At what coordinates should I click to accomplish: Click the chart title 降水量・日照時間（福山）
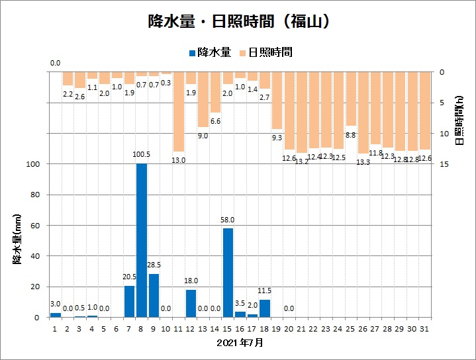[x=238, y=22]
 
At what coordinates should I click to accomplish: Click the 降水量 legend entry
[x=210, y=52]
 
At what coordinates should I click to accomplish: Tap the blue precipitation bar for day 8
[x=142, y=240]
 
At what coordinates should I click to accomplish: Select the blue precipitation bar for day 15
[x=228, y=273]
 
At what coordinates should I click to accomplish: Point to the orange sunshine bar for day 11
[x=179, y=112]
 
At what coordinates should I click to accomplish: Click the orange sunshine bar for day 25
[x=351, y=99]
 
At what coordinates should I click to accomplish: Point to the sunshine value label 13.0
[x=179, y=159]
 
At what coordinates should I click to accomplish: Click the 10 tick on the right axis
[x=443, y=133]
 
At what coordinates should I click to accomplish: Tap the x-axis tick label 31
[x=425, y=329]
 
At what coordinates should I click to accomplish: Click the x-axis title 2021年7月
[x=240, y=343]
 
